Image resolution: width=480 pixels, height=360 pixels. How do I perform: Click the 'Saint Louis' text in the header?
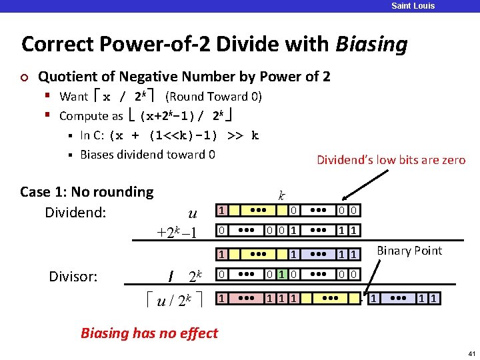(x=413, y=6)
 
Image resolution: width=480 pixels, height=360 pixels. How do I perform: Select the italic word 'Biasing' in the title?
(x=371, y=45)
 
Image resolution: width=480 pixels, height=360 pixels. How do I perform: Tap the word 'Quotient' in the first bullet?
(x=66, y=77)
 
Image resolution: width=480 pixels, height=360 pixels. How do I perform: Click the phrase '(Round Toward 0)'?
(x=213, y=97)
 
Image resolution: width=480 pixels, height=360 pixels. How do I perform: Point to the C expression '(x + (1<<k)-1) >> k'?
(x=185, y=135)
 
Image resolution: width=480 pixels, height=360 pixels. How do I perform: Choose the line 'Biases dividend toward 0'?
(x=147, y=155)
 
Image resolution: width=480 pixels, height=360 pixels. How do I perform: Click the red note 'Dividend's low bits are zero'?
(x=391, y=160)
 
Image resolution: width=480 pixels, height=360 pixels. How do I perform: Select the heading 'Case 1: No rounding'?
(x=87, y=192)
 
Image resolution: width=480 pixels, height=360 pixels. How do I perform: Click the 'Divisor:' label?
(x=74, y=276)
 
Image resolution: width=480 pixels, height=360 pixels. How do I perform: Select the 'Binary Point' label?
(x=409, y=251)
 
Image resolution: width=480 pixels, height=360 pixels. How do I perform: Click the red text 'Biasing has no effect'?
(x=149, y=333)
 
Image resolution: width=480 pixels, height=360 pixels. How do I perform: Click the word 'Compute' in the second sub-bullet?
(x=80, y=116)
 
